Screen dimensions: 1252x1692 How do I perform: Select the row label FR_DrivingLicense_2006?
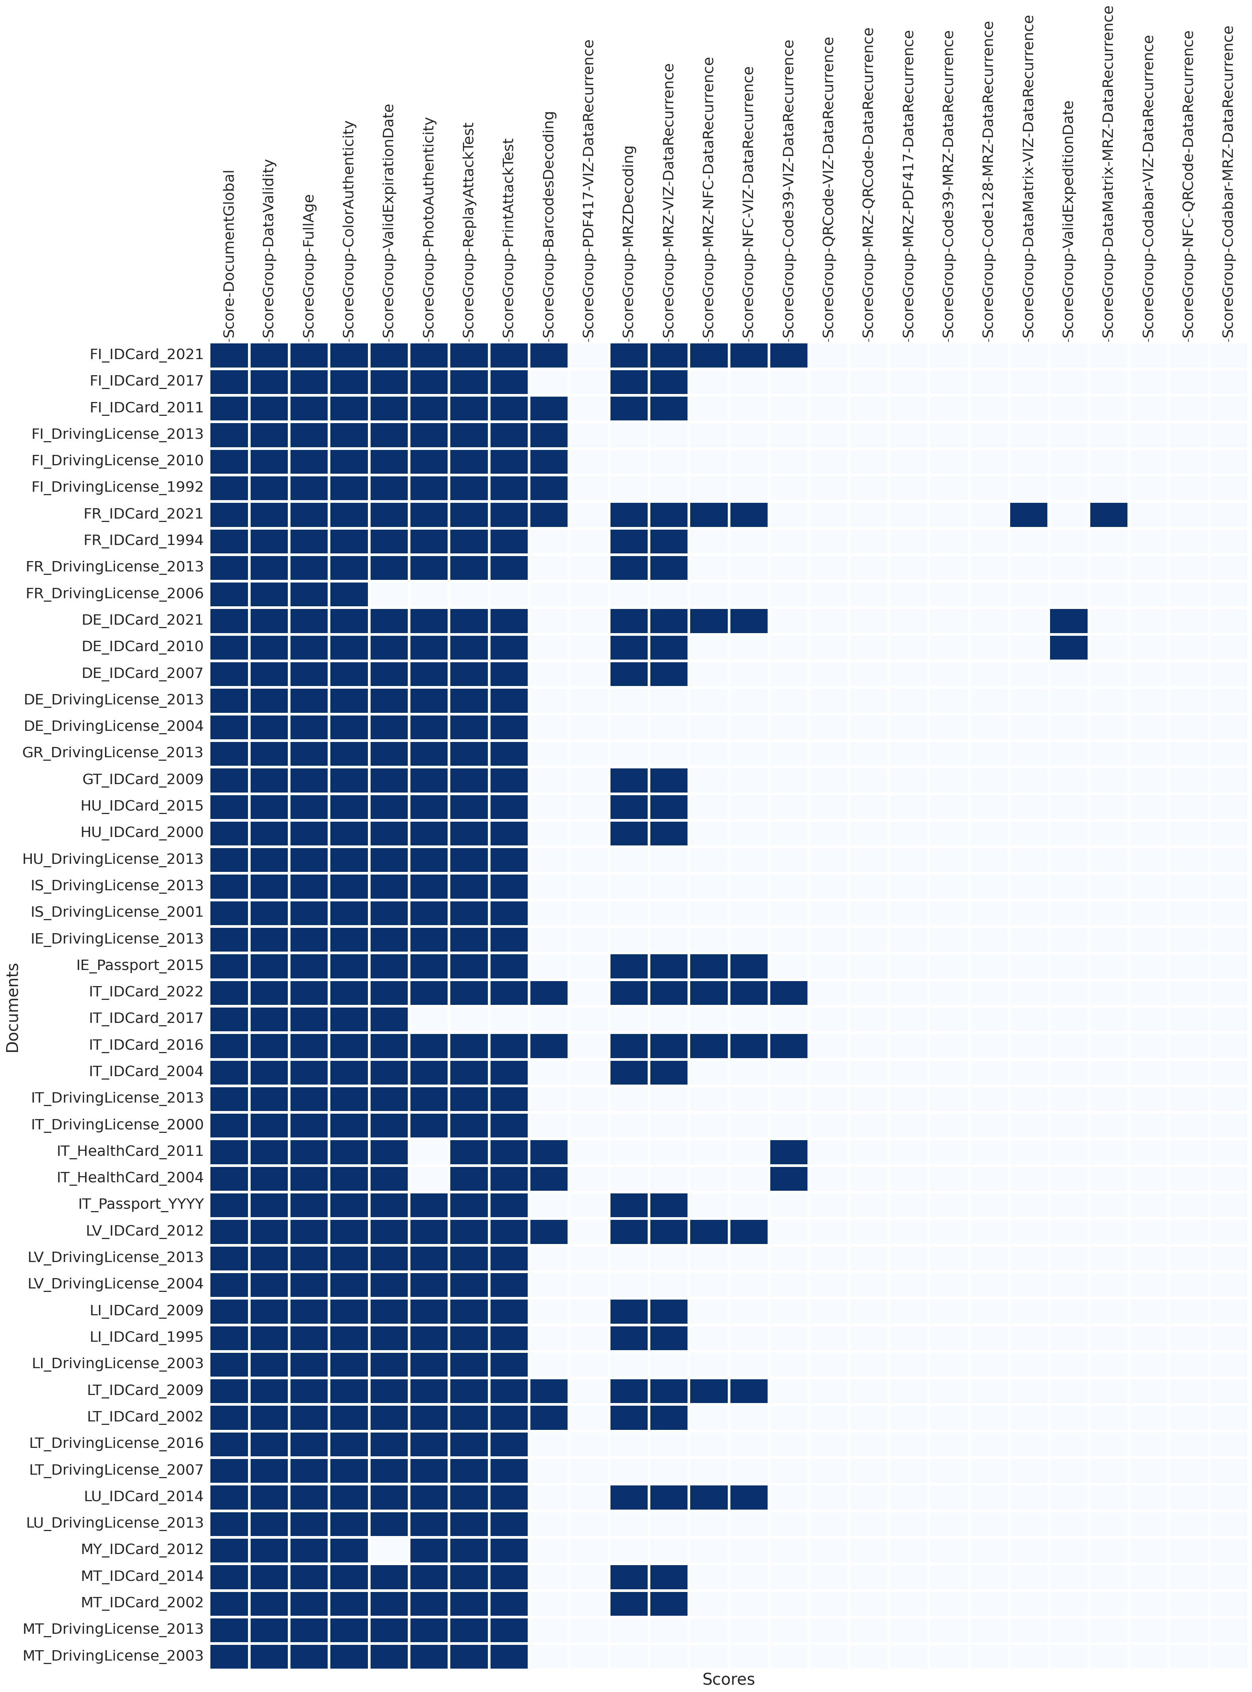115,593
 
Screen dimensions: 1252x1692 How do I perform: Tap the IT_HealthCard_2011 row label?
130,1151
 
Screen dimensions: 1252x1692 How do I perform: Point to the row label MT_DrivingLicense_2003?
113,1656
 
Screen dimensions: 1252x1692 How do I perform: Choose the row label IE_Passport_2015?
139,965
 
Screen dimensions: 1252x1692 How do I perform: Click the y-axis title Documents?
12,1008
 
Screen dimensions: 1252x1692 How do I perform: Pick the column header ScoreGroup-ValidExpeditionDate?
1068,220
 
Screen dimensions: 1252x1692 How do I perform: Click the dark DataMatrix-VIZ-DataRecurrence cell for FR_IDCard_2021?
1029,514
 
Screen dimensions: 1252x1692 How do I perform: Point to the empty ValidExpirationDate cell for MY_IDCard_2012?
389,1549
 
